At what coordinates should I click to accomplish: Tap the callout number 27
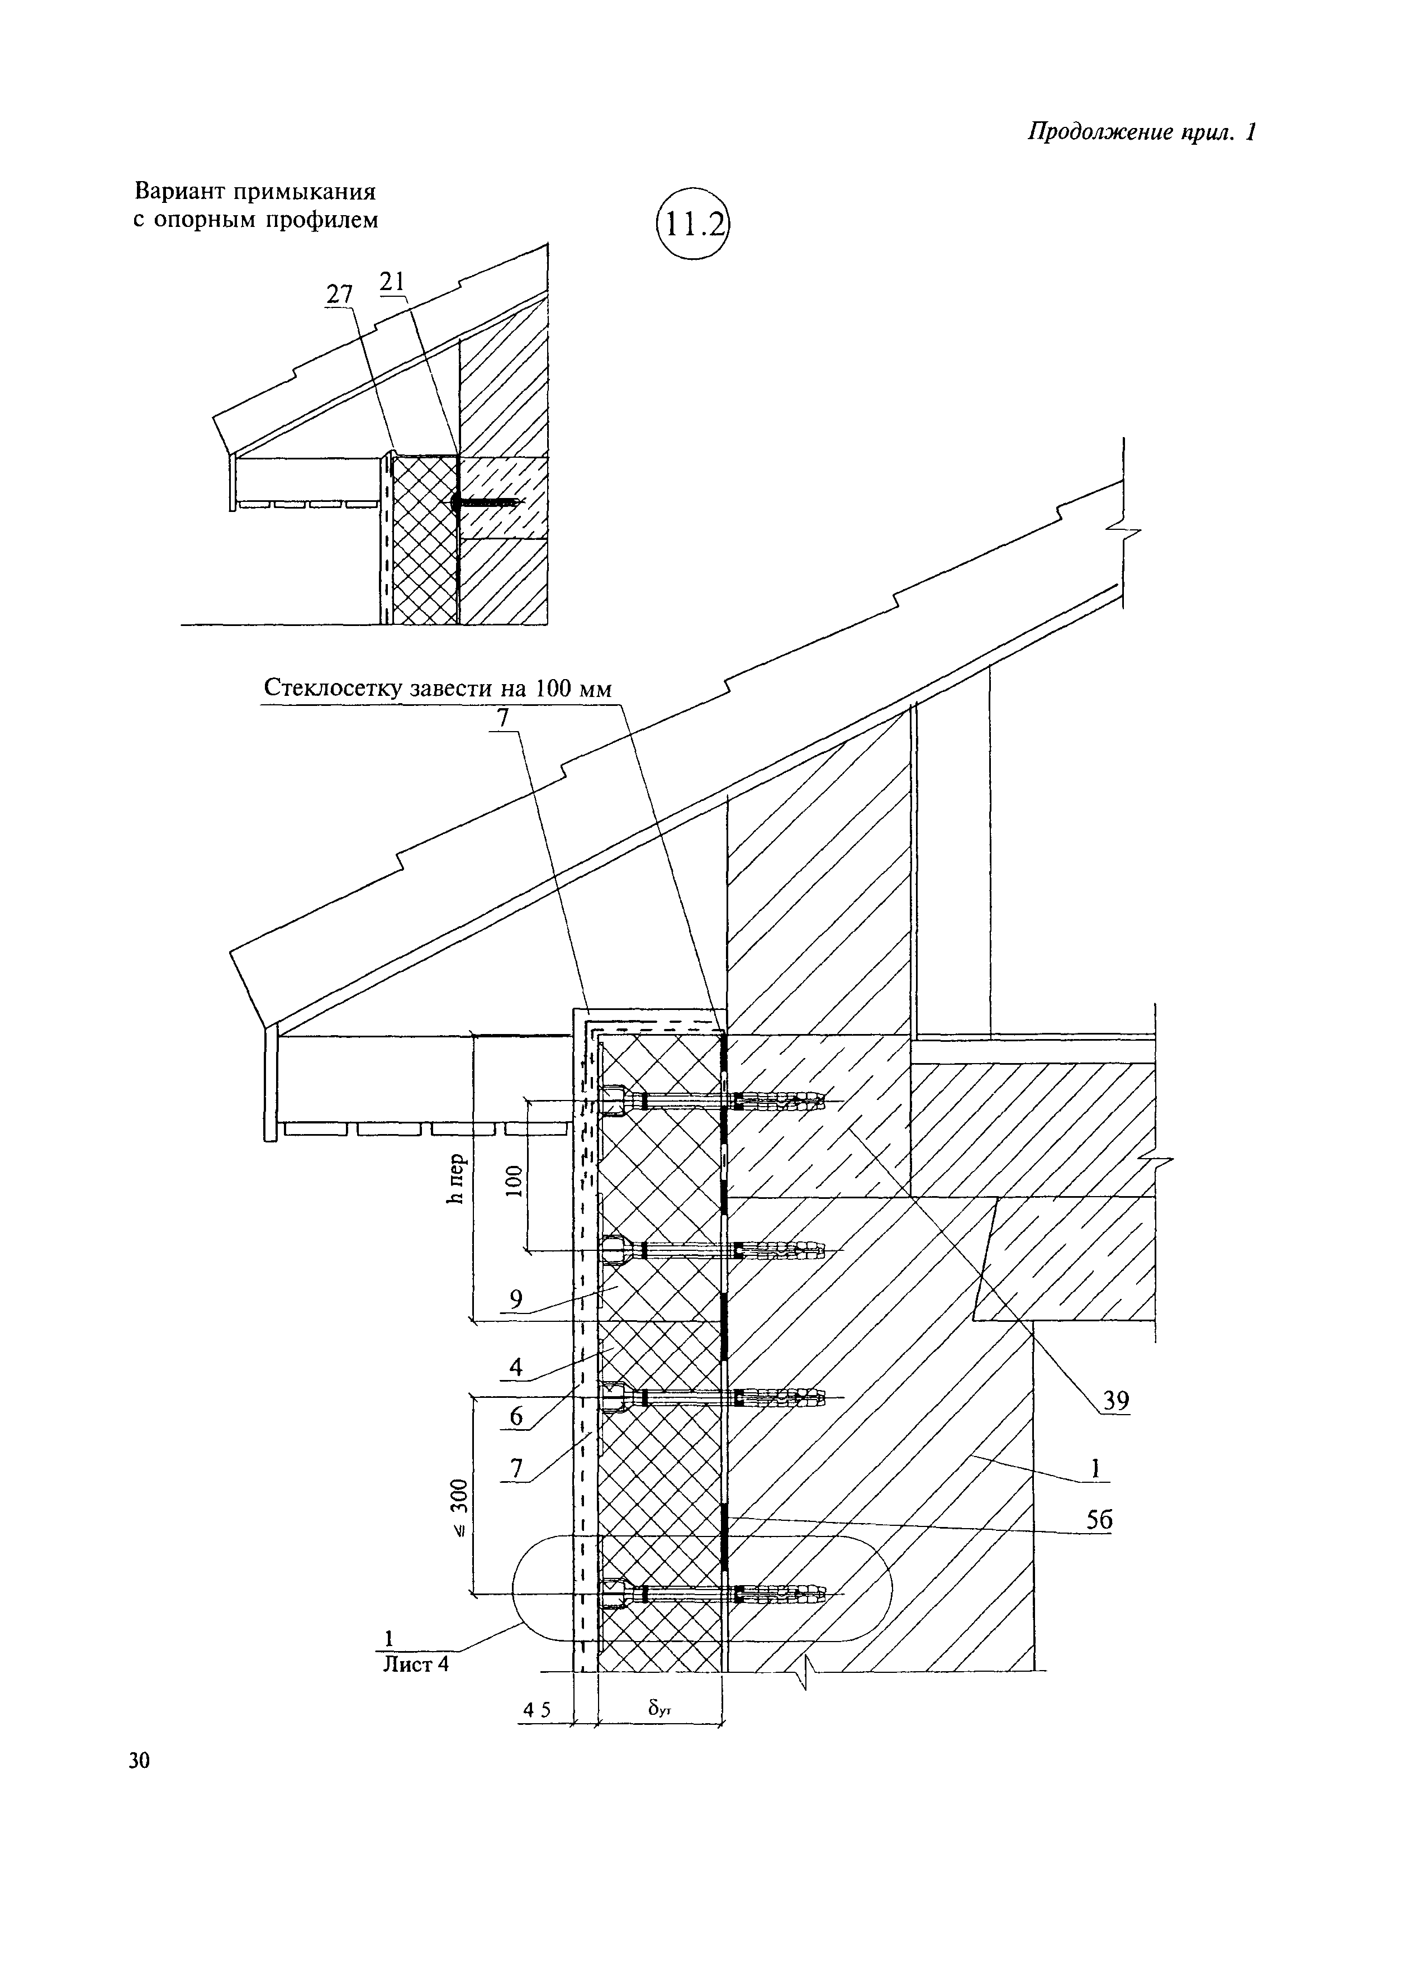coord(339,295)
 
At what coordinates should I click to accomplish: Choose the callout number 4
coord(516,1369)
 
